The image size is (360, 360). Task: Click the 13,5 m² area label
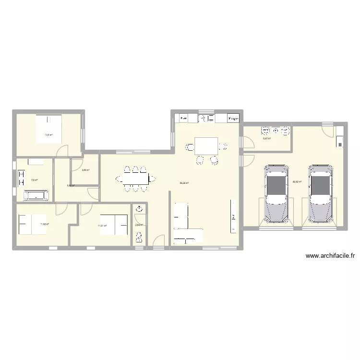pyautogui.click(x=48, y=135)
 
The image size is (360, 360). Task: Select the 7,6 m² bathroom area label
pyautogui.click(x=34, y=180)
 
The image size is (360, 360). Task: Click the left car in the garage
pyautogui.click(x=276, y=193)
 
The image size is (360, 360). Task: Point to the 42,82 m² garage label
pyautogui.click(x=297, y=182)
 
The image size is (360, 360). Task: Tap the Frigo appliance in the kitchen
pyautogui.click(x=233, y=118)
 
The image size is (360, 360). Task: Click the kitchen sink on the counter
pyautogui.click(x=207, y=118)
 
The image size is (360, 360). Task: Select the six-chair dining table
pyautogui.click(x=136, y=179)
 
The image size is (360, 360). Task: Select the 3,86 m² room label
pyautogui.click(x=85, y=169)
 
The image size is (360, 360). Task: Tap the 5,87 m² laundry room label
pyautogui.click(x=266, y=139)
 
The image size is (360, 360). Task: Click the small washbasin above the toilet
pyautogui.click(x=139, y=209)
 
